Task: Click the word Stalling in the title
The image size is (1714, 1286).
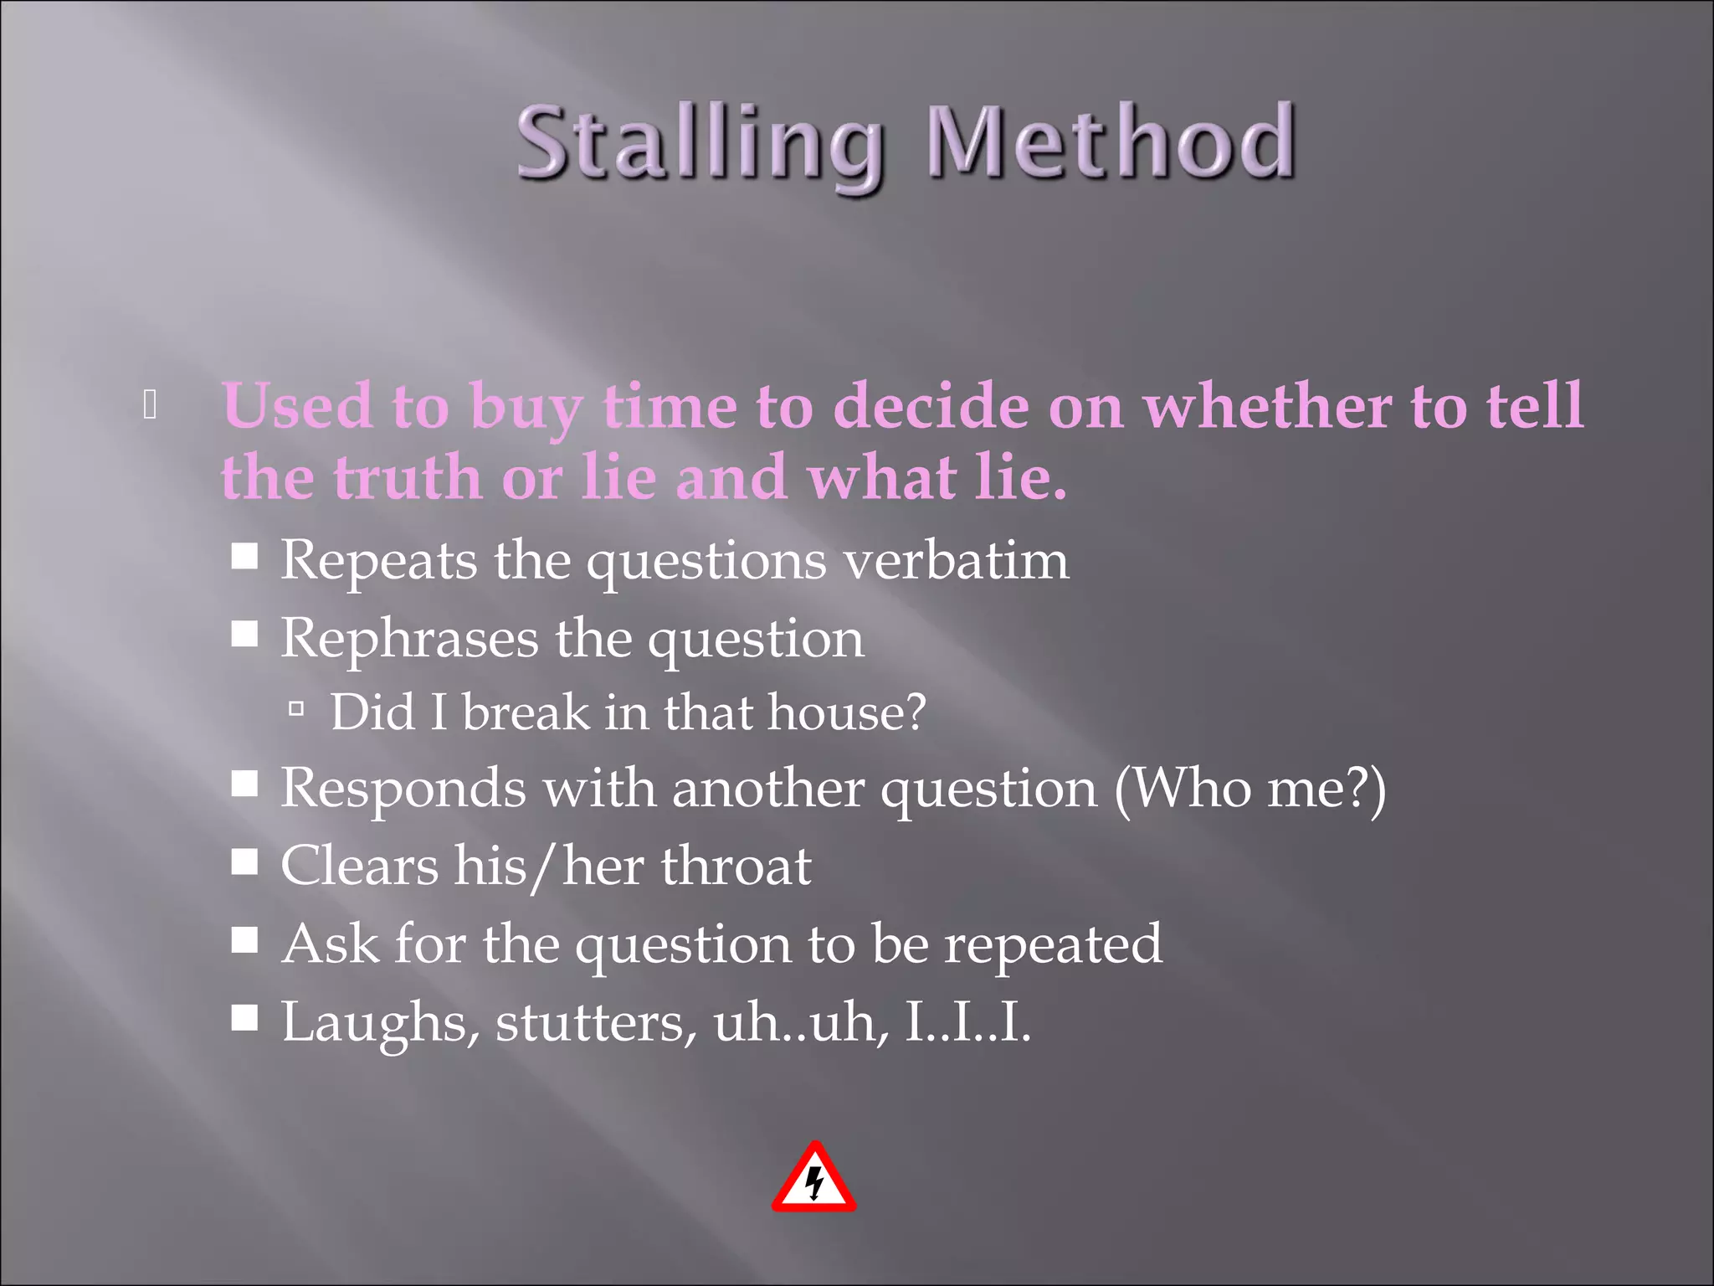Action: coord(700,144)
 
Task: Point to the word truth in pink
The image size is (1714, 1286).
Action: coord(407,477)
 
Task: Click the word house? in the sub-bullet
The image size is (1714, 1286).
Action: coord(846,712)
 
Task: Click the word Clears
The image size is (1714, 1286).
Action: coord(359,866)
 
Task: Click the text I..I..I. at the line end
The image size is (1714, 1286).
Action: coord(967,1022)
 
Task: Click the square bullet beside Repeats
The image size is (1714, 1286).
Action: coord(244,556)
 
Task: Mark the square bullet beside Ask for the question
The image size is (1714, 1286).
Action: coord(244,941)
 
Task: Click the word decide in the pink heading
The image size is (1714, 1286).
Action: coord(931,406)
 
